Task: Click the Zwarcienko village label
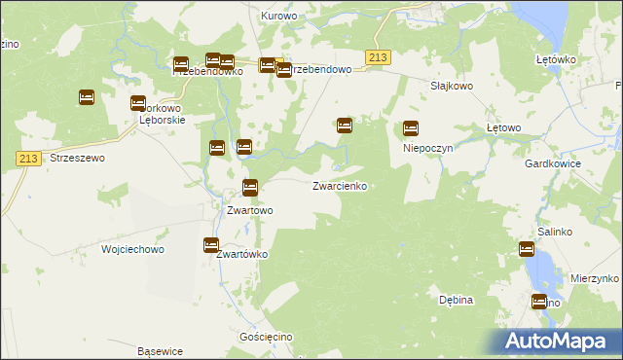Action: click(x=339, y=185)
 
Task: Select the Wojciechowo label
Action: click(x=132, y=249)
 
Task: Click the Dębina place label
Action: click(x=456, y=300)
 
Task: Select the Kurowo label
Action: click(x=278, y=16)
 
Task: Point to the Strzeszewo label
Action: click(x=77, y=157)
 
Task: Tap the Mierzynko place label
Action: click(x=596, y=277)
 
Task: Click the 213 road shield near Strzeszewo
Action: click(x=28, y=159)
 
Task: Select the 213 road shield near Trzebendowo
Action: click(x=379, y=58)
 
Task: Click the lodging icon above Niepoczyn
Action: click(x=411, y=127)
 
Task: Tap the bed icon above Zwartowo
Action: click(x=250, y=188)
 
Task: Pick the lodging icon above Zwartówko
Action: click(x=211, y=245)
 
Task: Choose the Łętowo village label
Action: click(x=504, y=127)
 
